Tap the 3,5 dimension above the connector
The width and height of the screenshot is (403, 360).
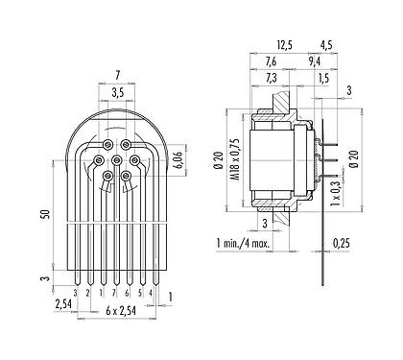click(x=116, y=93)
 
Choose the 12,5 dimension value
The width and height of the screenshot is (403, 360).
click(x=282, y=44)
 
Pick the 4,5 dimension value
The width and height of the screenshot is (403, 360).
click(x=325, y=44)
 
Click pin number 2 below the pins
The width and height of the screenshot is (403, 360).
click(x=88, y=291)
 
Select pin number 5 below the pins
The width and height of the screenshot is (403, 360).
click(x=141, y=291)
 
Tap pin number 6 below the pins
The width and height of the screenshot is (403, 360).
click(x=128, y=291)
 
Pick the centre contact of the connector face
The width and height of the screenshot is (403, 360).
click(x=116, y=159)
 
